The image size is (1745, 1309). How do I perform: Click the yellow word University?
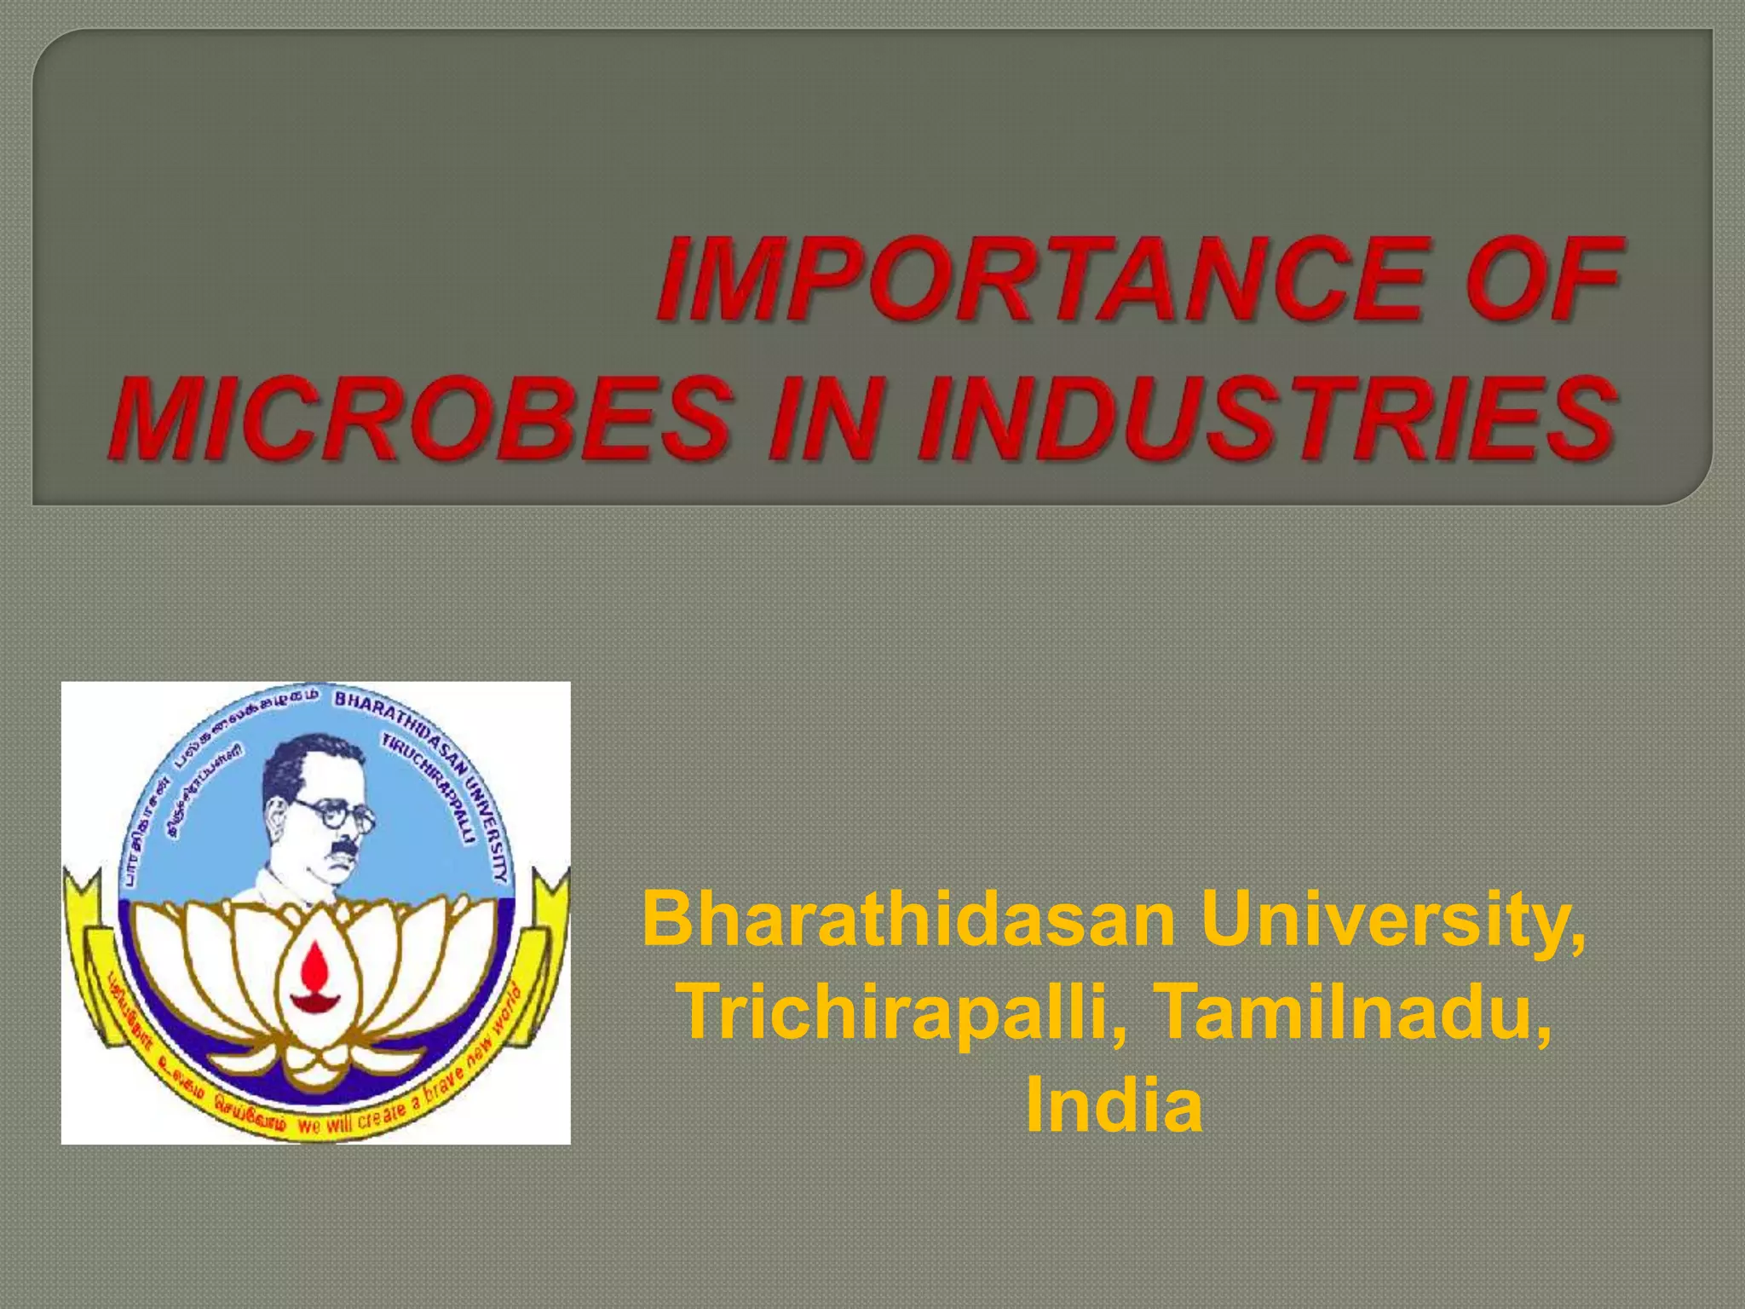[x=1393, y=920]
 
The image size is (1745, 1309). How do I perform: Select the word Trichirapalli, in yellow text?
[x=904, y=1013]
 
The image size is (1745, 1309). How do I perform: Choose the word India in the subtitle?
[x=1114, y=1105]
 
